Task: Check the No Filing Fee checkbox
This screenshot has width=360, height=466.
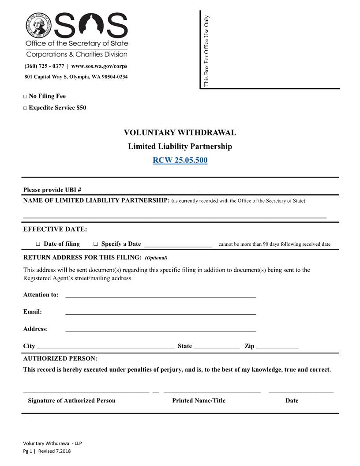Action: pos(25,97)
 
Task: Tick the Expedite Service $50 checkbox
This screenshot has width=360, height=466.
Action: pos(25,108)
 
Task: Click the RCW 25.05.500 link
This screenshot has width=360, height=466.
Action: pos(180,160)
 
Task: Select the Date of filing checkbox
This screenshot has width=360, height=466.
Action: pos(38,244)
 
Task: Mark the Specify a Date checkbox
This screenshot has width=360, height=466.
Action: pos(96,244)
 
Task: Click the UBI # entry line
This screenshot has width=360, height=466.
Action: pos(141,191)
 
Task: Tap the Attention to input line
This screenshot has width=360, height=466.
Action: pos(161,295)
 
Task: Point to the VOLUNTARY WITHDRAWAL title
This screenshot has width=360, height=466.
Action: pos(180,133)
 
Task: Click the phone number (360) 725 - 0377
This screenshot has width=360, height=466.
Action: pos(44,67)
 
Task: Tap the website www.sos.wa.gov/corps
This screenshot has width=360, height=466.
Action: pos(99,67)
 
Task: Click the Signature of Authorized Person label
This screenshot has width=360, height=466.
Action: pos(71,401)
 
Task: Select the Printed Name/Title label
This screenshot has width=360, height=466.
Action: pos(199,401)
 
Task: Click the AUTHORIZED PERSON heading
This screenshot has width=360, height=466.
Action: pos(60,359)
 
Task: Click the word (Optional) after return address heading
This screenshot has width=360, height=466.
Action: pos(156,258)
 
